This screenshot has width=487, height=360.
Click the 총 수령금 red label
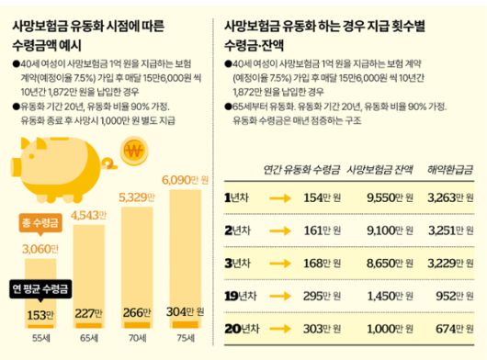pyautogui.click(x=35, y=222)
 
